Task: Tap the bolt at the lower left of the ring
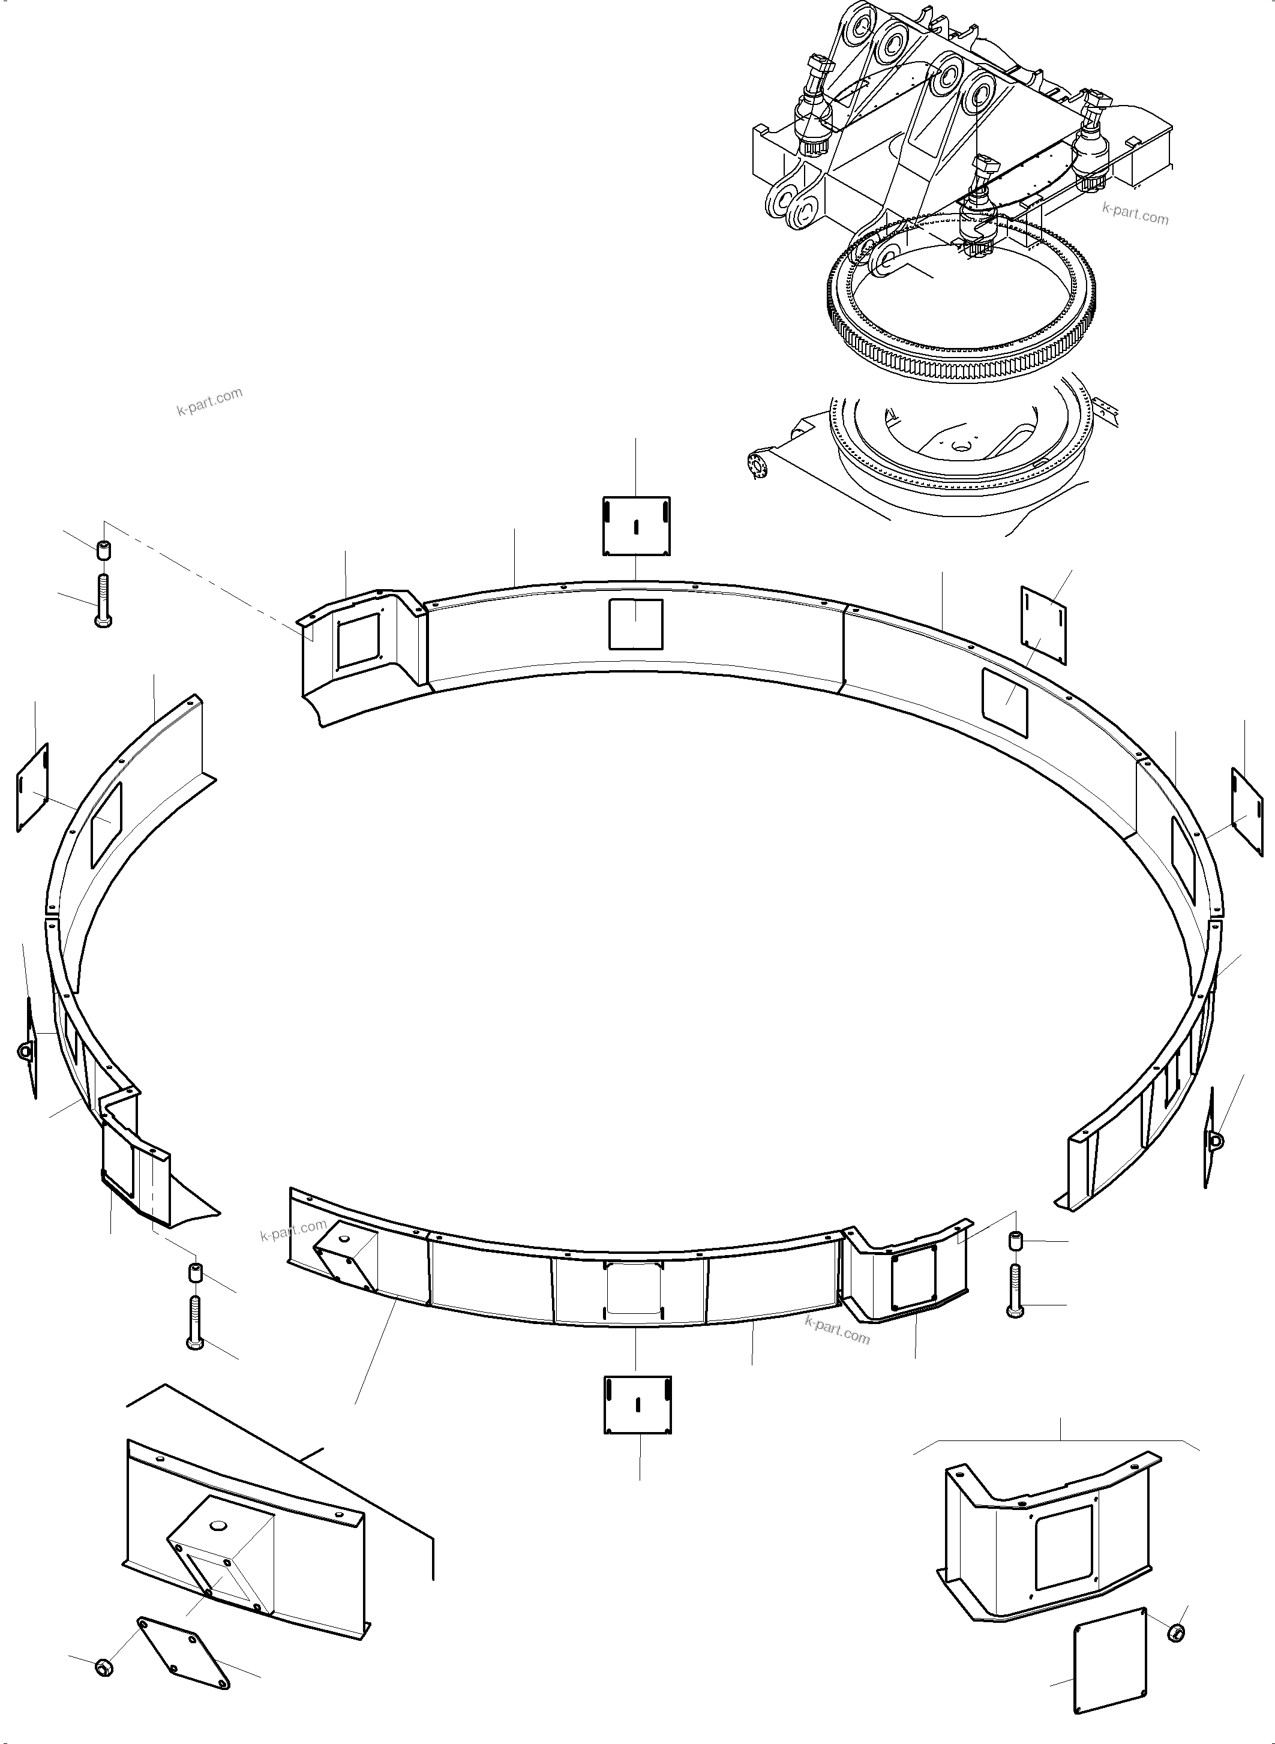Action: tap(195, 1322)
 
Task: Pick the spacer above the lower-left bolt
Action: tap(195, 1271)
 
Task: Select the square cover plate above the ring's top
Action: tap(636, 526)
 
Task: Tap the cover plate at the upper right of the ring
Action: tap(1044, 625)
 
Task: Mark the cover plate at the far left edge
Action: tap(32, 787)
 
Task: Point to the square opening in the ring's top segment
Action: tap(636, 623)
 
